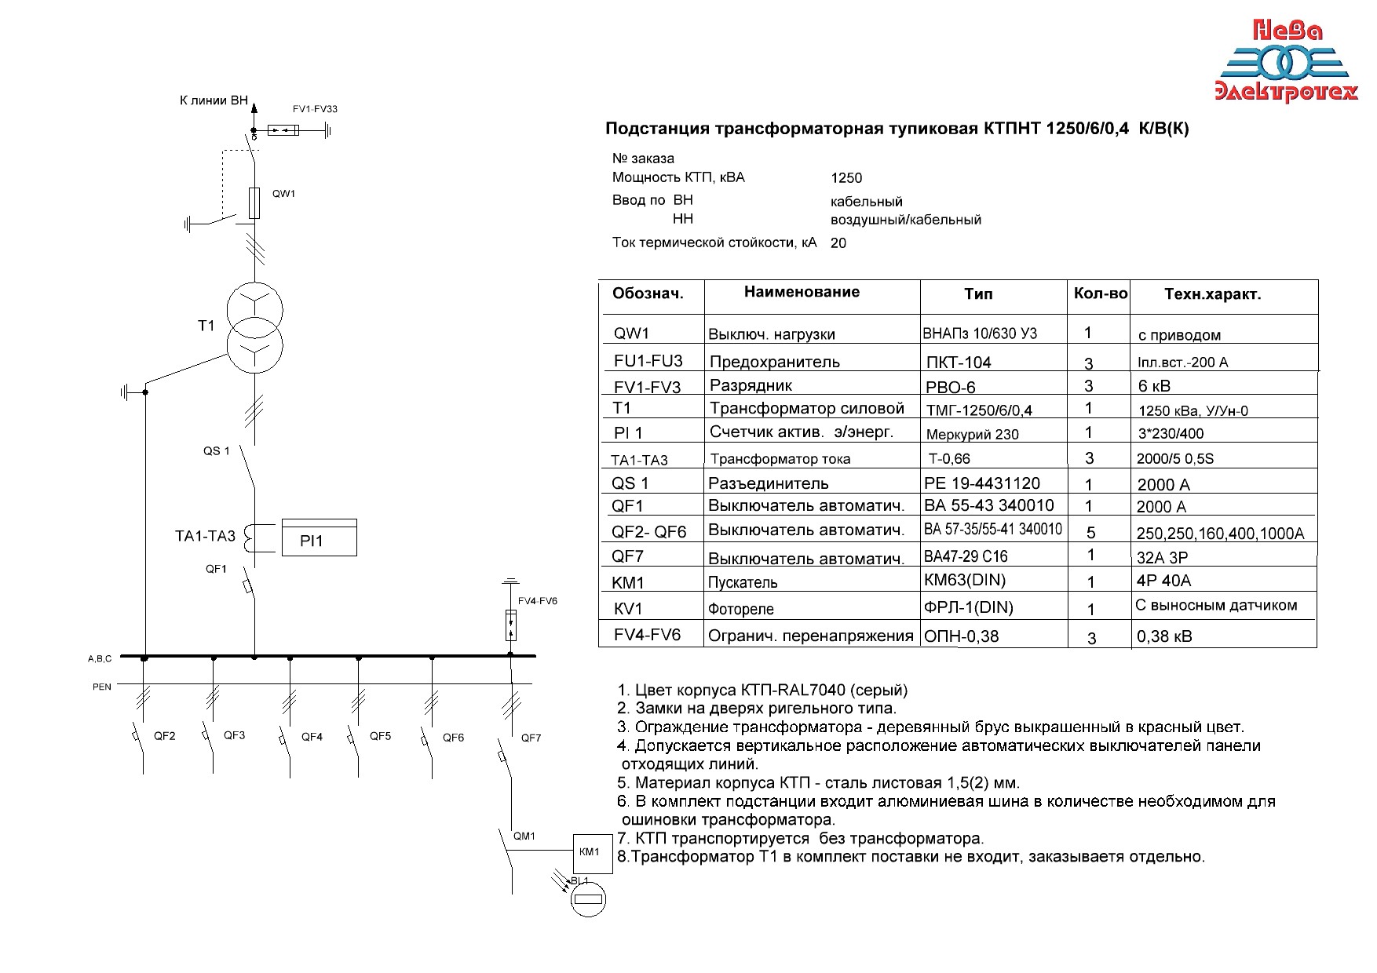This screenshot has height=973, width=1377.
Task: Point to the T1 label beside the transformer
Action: coord(206,326)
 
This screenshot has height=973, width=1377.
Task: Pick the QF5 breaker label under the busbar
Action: coord(380,736)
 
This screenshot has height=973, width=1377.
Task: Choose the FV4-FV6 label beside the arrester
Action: coord(537,601)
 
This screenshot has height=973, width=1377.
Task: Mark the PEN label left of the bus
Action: coord(102,687)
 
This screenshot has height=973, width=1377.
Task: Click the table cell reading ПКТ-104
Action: coord(959,363)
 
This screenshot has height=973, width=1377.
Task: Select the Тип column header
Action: coord(978,294)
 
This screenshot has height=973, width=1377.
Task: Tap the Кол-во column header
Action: coord(1100,293)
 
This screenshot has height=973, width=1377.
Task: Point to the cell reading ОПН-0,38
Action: coord(962,636)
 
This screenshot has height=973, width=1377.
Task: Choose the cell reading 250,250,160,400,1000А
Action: coord(1220,534)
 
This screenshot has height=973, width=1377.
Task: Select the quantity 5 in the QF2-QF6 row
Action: coord(1090,533)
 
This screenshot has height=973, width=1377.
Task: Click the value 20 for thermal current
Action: coord(838,243)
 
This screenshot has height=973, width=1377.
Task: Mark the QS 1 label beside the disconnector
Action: coord(217,451)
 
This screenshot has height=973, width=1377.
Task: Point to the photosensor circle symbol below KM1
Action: coord(588,899)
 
